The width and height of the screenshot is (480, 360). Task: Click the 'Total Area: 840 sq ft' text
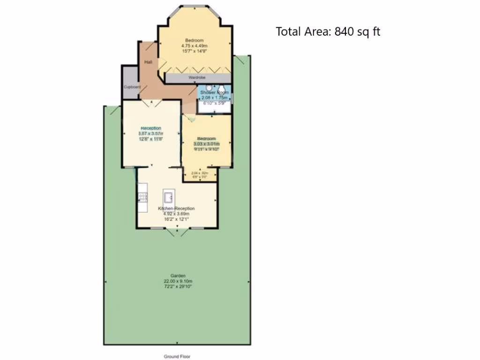point(328,32)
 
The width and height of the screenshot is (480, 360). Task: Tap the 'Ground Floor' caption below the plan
point(177,356)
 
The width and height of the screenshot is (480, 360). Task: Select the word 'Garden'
point(178,276)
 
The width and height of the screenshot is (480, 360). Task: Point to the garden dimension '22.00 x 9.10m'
point(178,281)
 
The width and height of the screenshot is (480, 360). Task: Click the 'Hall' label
point(148,62)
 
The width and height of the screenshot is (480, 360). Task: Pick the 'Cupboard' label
point(132,87)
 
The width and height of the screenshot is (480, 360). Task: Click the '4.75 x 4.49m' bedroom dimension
point(194,46)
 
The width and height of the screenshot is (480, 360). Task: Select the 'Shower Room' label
point(215,93)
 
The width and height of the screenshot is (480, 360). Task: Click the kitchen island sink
point(169,195)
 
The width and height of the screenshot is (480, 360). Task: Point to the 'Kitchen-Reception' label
point(176,209)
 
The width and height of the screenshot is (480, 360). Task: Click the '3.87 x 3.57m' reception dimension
point(150,134)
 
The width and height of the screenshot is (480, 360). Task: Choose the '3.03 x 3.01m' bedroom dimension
point(206,144)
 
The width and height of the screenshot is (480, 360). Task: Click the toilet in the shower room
point(222,89)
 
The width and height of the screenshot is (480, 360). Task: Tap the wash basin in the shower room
point(209,88)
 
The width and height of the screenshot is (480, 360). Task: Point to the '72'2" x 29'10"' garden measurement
point(178,286)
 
